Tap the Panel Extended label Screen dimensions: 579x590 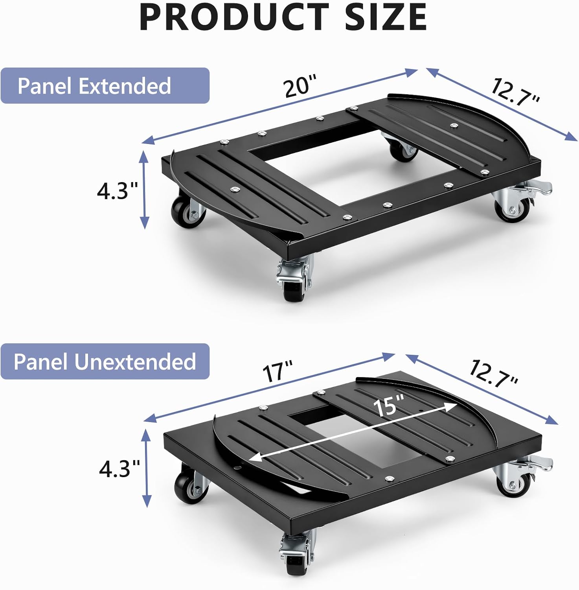[94, 86]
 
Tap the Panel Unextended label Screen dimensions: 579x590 [105, 361]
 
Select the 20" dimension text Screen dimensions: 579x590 [300, 85]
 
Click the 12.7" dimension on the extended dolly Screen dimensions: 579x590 [515, 92]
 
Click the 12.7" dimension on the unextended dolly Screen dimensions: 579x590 [494, 373]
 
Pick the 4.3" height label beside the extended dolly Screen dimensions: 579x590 [118, 191]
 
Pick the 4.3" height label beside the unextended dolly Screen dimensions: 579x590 [119, 469]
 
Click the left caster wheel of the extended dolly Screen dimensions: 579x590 [188, 210]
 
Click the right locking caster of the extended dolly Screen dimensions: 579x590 [519, 202]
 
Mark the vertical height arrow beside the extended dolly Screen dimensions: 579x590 [144, 190]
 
